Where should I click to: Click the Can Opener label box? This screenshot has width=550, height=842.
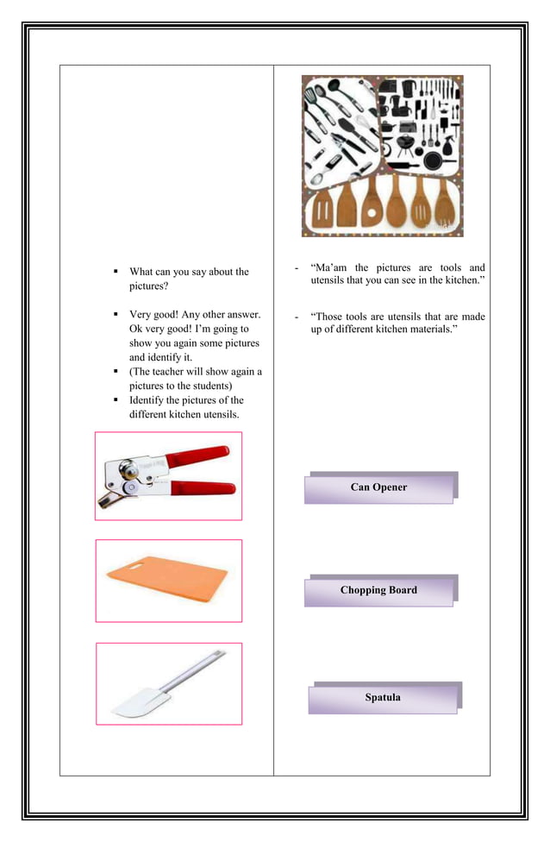tap(378, 488)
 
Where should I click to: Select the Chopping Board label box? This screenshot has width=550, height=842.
tap(378, 591)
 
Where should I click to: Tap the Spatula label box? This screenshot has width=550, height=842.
tap(382, 698)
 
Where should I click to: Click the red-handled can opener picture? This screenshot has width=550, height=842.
tap(168, 476)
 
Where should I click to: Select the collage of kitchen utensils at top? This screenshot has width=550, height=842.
tap(382, 155)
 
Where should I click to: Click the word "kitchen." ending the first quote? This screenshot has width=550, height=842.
tap(463, 281)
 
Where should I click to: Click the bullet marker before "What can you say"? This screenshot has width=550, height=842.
tap(116, 272)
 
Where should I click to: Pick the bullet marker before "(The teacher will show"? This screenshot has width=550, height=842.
tap(116, 372)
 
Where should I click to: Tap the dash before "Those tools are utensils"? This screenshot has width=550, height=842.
tap(296, 317)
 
